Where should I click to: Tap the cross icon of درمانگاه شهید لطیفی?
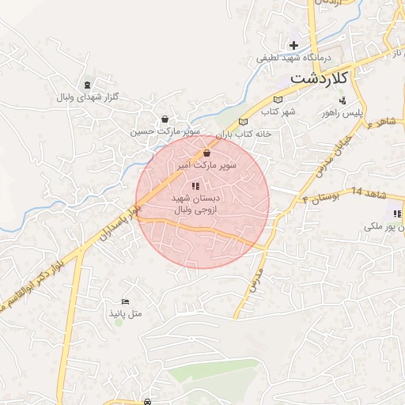pos(293,45)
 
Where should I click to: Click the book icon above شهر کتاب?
pos(277,100)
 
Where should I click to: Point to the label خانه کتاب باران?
pos(244,134)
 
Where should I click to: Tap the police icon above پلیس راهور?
pos(343,100)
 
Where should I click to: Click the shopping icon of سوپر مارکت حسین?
pos(165,119)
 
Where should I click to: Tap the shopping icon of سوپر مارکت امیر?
pos(207,153)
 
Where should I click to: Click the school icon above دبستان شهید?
pos(195,186)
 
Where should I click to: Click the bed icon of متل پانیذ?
pos(124,301)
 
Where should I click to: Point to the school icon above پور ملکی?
pos(396,214)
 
